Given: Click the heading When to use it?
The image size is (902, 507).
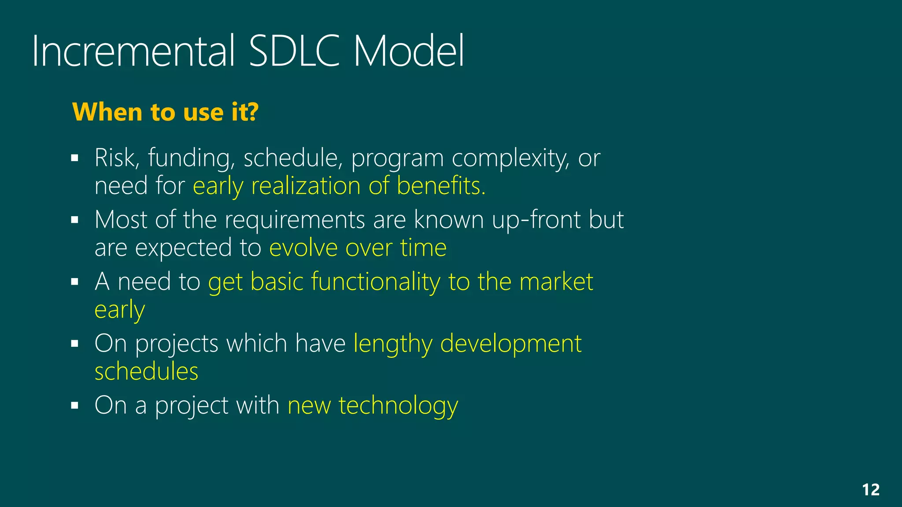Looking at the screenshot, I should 165,112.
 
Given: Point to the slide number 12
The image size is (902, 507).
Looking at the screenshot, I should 870,490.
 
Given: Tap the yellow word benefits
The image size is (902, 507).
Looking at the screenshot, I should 441,185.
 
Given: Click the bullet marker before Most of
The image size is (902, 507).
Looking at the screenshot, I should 74,220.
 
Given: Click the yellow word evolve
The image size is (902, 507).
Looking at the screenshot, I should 303,248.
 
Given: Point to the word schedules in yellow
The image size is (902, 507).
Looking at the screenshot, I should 146,371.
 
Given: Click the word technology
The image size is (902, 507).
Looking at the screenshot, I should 398,406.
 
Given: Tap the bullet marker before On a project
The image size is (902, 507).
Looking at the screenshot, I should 74,405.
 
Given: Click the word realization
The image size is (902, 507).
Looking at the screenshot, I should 305,185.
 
